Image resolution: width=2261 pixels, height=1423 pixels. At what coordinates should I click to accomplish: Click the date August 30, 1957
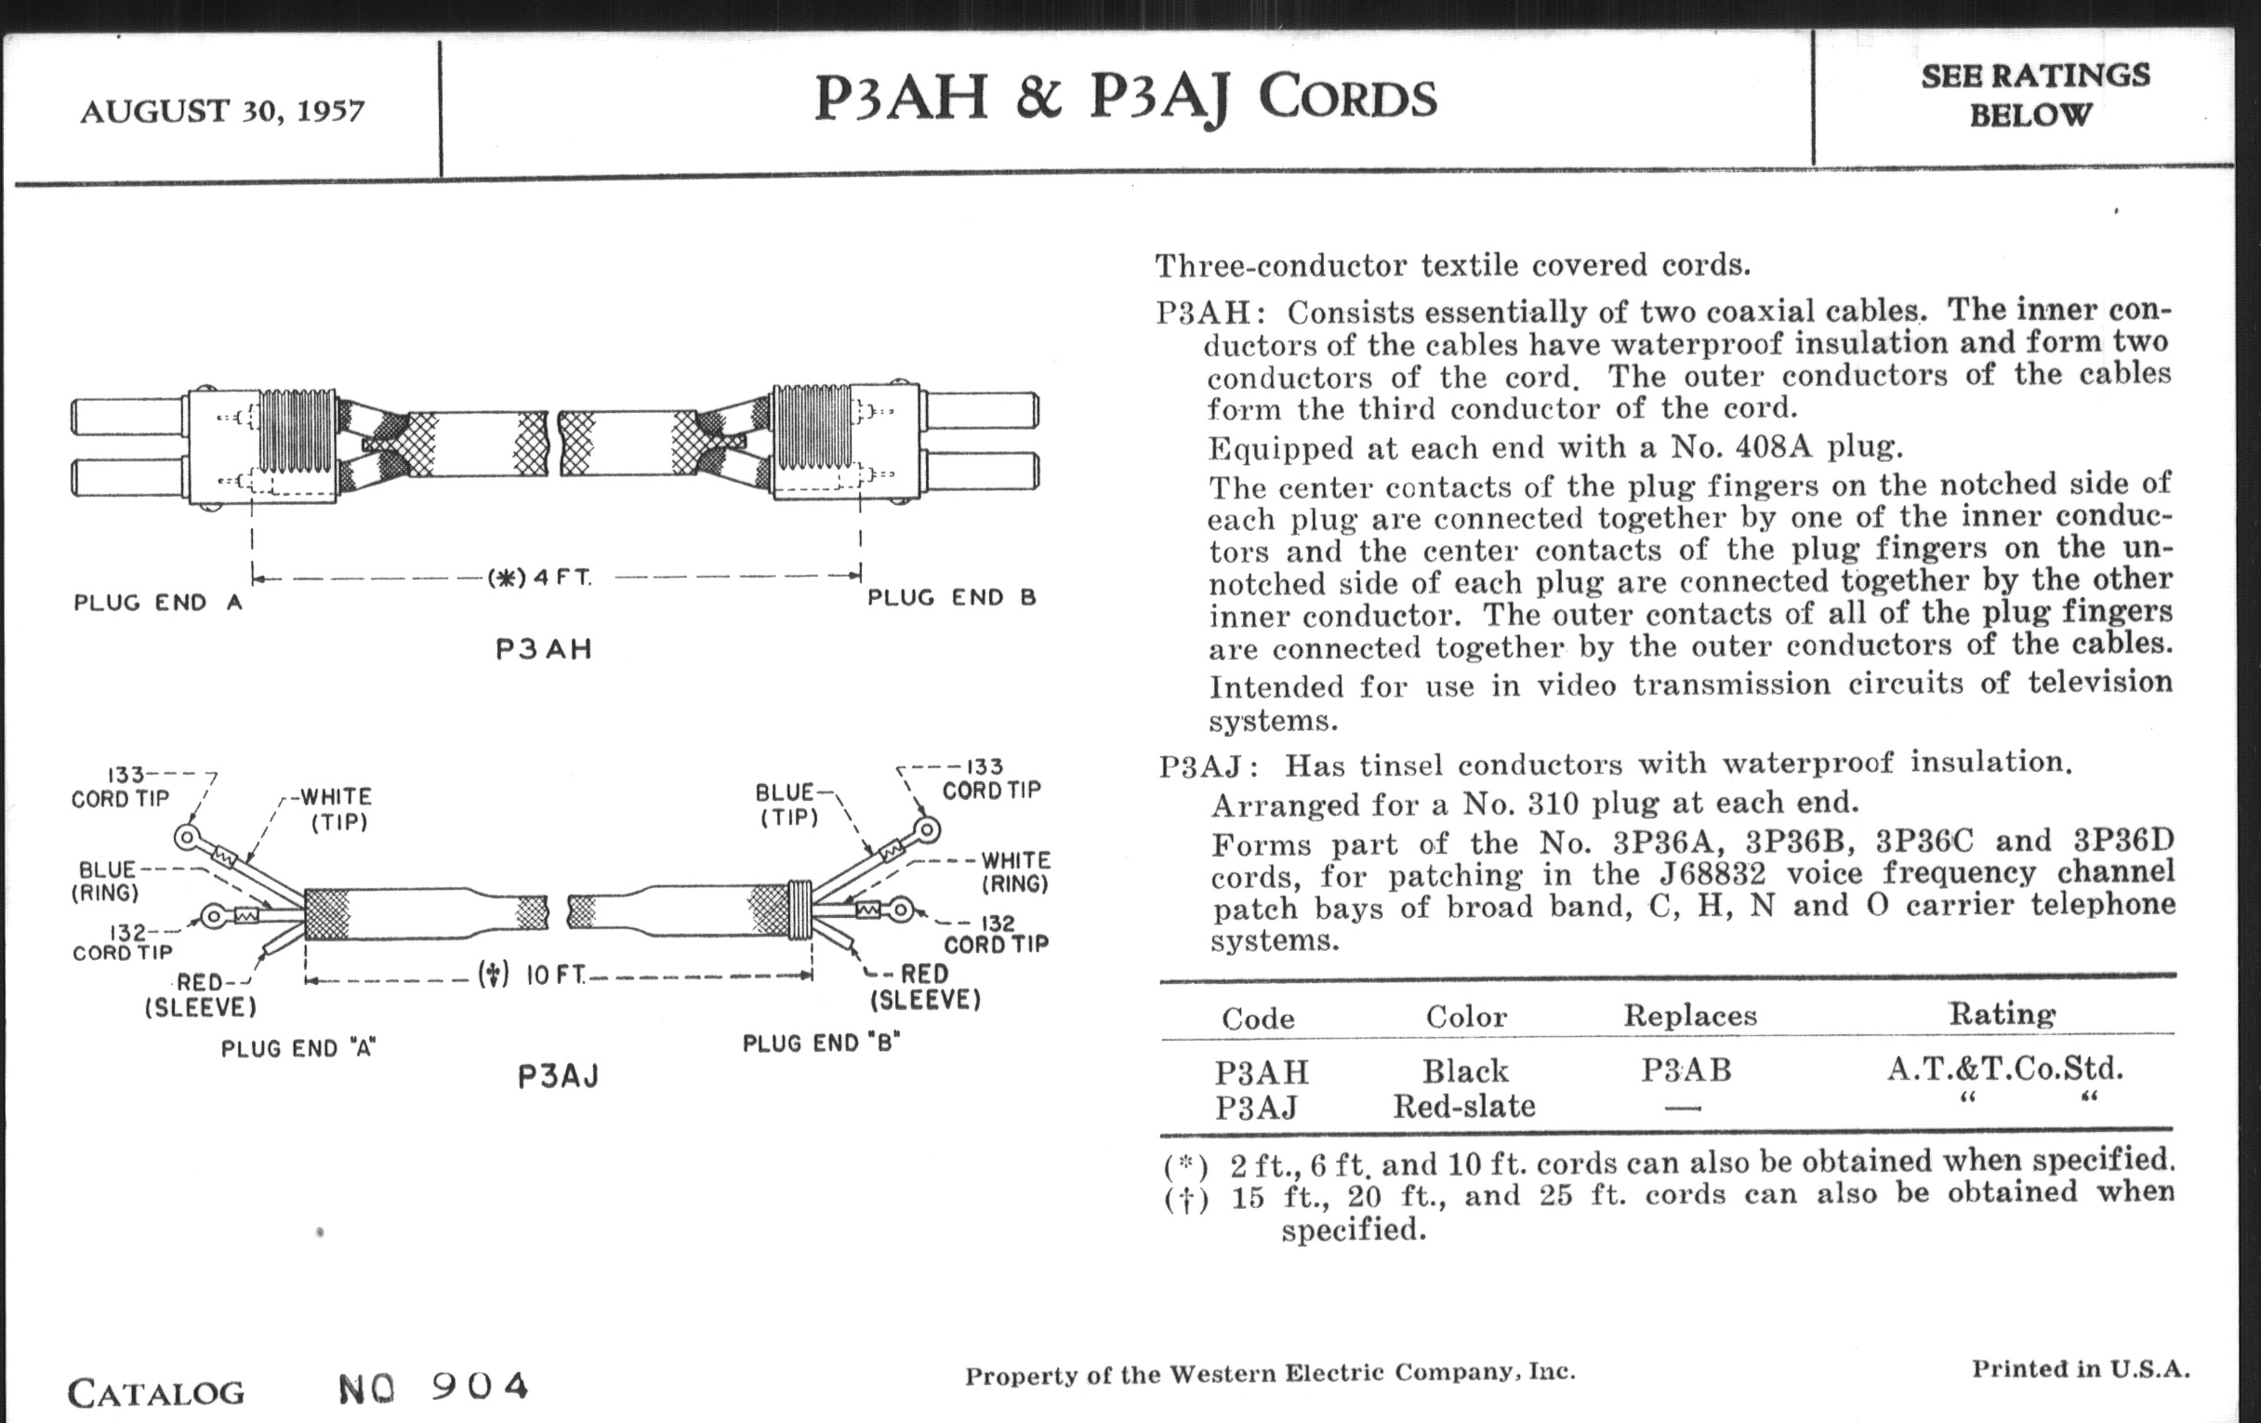(221, 112)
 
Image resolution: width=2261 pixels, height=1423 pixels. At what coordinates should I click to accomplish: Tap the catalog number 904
(480, 1387)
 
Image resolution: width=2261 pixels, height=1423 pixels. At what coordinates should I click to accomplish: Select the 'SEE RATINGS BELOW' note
(2034, 95)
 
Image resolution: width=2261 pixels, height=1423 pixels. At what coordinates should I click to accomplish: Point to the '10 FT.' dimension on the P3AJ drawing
(555, 975)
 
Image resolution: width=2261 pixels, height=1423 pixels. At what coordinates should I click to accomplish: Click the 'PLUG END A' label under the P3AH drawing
(158, 602)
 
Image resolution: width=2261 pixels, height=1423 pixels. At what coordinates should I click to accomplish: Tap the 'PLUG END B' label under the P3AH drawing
(951, 597)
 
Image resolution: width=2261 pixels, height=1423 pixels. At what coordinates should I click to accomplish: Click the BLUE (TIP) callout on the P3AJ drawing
(787, 805)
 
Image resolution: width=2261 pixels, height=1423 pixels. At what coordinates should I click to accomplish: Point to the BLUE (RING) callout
(106, 880)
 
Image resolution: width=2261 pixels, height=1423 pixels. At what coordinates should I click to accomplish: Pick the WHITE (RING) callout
(1015, 871)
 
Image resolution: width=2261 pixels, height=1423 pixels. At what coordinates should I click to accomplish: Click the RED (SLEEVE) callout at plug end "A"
(200, 994)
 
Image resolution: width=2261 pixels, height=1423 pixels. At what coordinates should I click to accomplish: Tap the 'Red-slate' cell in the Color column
(1463, 1107)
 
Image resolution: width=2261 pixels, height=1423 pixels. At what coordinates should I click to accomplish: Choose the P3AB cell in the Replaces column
(1686, 1070)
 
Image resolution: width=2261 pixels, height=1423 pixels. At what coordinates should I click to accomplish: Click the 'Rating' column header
(2001, 1014)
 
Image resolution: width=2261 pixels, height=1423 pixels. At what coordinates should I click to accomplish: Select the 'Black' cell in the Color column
(1465, 1071)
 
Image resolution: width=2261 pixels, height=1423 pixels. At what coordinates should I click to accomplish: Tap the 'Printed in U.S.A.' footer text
(2080, 1369)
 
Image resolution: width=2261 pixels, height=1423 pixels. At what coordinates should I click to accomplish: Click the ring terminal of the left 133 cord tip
(187, 836)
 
